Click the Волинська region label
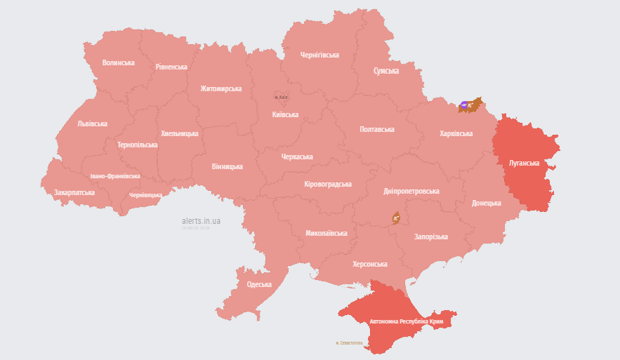tap(118, 62)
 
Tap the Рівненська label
tap(171, 67)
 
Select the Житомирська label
tap(220, 88)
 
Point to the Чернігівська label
tap(319, 55)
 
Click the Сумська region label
tap(386, 71)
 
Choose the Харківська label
tap(456, 133)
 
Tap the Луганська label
tap(524, 163)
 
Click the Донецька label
tap(486, 203)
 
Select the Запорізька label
tap(430, 236)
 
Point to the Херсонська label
tap(369, 264)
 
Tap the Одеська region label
tap(259, 284)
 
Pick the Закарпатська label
tap(74, 192)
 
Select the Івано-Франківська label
tap(115, 176)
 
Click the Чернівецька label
tap(145, 195)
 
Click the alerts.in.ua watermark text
tap(201, 221)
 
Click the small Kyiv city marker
tap(281, 96)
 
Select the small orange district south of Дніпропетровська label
tap(396, 218)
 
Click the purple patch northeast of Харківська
tap(465, 105)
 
